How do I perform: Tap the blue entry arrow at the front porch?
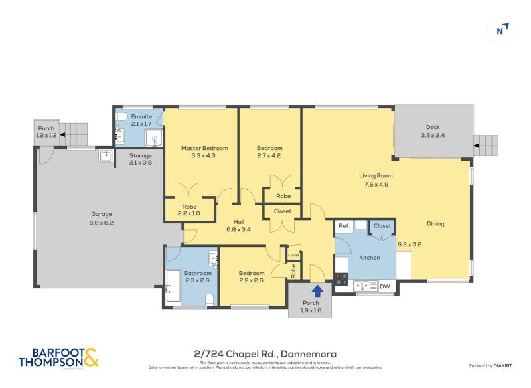[317, 290]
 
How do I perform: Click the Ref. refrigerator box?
[344, 226]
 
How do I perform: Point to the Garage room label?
[102, 219]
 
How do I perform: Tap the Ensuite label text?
[141, 120]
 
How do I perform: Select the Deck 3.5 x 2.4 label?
[433, 131]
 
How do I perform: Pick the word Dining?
[435, 224]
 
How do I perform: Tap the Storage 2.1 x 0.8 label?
[140, 159]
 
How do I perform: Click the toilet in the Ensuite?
[121, 117]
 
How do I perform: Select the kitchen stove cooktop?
[341, 280]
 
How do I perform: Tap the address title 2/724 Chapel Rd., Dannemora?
[265, 355]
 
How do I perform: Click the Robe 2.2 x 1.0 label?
[189, 210]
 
